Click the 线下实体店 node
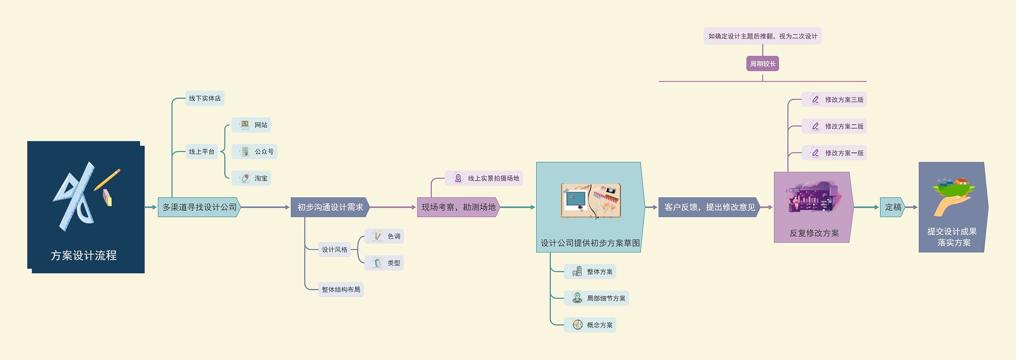click(205, 98)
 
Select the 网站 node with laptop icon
click(251, 125)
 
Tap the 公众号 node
click(254, 152)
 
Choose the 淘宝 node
click(251, 178)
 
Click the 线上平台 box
click(202, 152)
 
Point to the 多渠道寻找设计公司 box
click(199, 207)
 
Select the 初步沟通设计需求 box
click(330, 207)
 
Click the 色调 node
click(384, 236)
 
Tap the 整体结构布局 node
click(341, 290)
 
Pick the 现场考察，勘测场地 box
click(458, 207)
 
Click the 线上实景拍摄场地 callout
click(484, 178)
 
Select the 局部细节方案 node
click(597, 298)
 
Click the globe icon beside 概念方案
click(577, 325)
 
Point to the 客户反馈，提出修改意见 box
click(709, 207)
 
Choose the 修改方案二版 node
click(834, 126)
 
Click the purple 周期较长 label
click(762, 64)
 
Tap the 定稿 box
click(893, 207)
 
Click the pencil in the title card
click(108, 179)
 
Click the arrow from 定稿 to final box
click(912, 207)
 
